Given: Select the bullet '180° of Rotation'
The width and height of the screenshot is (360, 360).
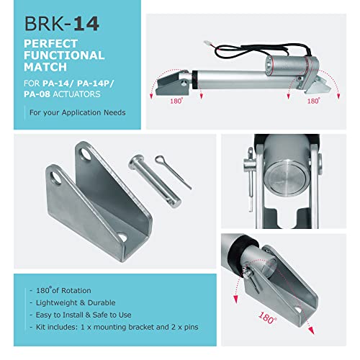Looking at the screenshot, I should tap(64, 289).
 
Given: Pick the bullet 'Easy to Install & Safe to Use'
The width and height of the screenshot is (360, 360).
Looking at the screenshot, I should tap(89, 315).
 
